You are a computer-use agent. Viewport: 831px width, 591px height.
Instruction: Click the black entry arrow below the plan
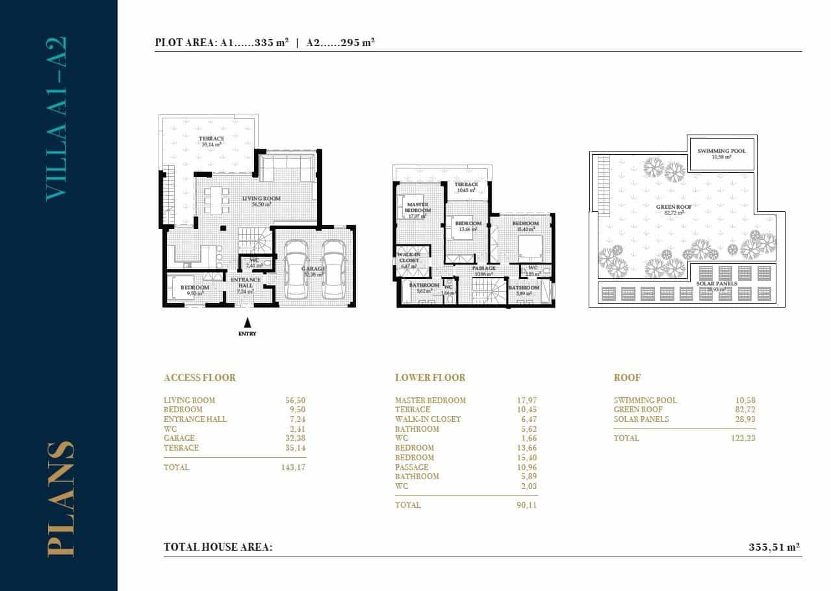tap(247, 322)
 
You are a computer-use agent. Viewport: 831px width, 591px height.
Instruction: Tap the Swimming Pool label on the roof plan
tap(722, 151)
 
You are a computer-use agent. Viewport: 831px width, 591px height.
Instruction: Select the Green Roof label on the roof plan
tap(674, 207)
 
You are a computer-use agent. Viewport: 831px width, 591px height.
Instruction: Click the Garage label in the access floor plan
tap(313, 269)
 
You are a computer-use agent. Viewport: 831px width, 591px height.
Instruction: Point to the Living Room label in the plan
tap(261, 198)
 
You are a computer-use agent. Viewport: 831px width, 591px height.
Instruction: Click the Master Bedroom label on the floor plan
tap(418, 207)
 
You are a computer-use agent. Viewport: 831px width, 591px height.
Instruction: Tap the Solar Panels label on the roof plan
tap(717, 284)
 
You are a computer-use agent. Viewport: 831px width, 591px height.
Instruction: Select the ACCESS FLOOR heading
tap(199, 378)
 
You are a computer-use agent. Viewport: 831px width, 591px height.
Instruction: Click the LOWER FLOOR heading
tap(430, 378)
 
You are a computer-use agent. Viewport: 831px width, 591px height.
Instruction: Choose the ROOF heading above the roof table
tap(627, 378)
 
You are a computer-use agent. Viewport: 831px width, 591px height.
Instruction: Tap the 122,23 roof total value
tap(742, 438)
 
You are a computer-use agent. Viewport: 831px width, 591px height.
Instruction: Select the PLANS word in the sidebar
tap(60, 499)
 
